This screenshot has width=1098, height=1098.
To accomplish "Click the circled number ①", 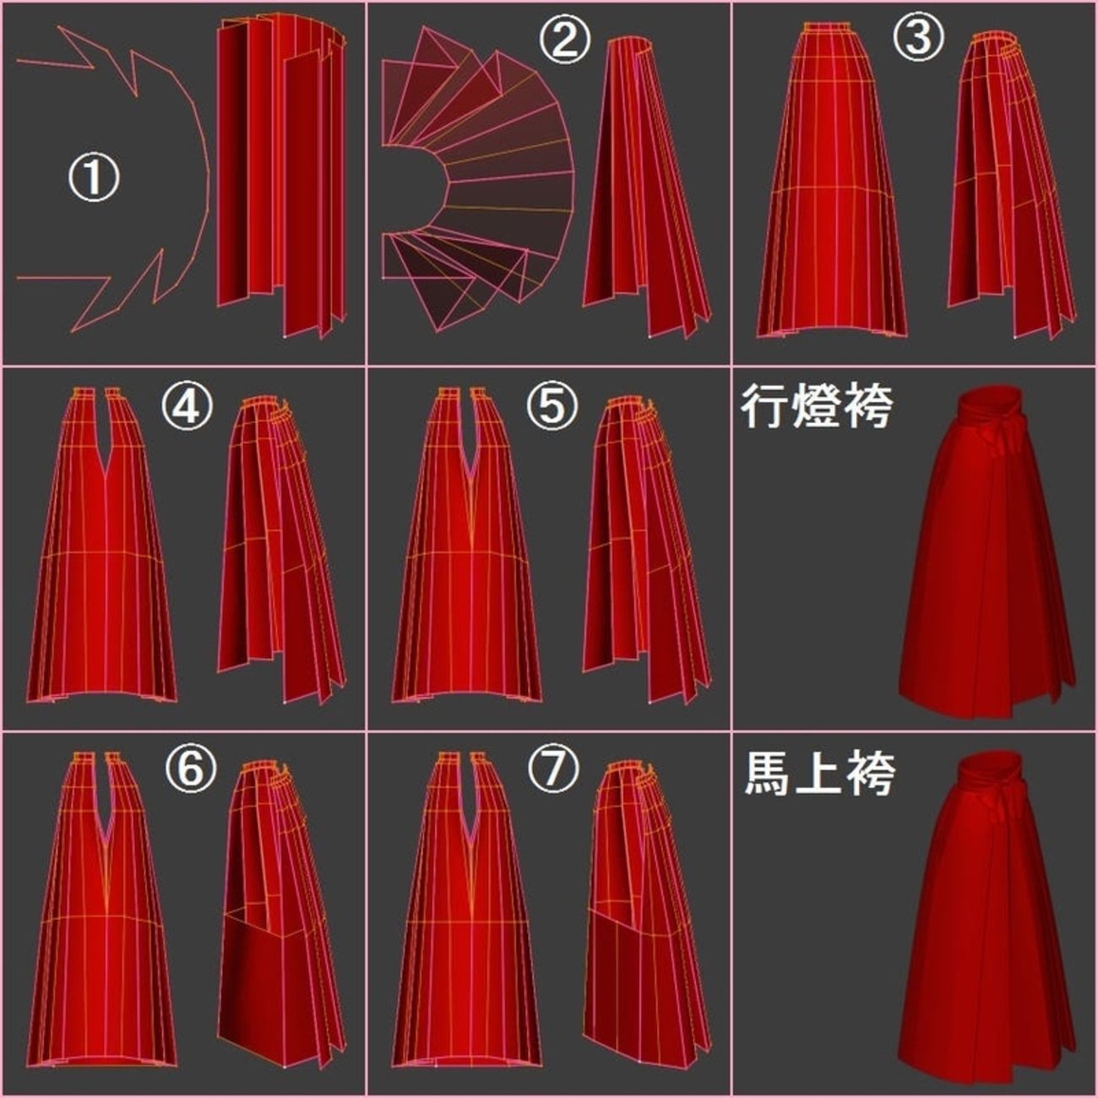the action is [94, 178].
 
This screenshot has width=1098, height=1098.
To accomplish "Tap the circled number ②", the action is [565, 41].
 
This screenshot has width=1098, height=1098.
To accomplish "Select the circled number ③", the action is [918, 36].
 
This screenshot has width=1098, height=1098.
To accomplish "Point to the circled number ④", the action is [188, 405].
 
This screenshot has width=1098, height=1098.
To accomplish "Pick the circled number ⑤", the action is [552, 405].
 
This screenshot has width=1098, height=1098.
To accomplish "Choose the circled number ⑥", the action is [191, 769].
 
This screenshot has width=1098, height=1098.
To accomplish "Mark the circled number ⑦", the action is [553, 769].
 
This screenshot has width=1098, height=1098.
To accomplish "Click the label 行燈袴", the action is [816, 408].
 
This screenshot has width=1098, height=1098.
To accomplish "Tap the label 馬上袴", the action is [819, 774].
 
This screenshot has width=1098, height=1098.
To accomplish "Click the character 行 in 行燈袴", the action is [764, 408].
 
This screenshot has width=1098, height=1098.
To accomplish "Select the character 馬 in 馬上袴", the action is [768, 774].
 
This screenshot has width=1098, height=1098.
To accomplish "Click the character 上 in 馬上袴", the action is [819, 774].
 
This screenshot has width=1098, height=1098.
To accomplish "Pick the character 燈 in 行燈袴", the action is [816, 408].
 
